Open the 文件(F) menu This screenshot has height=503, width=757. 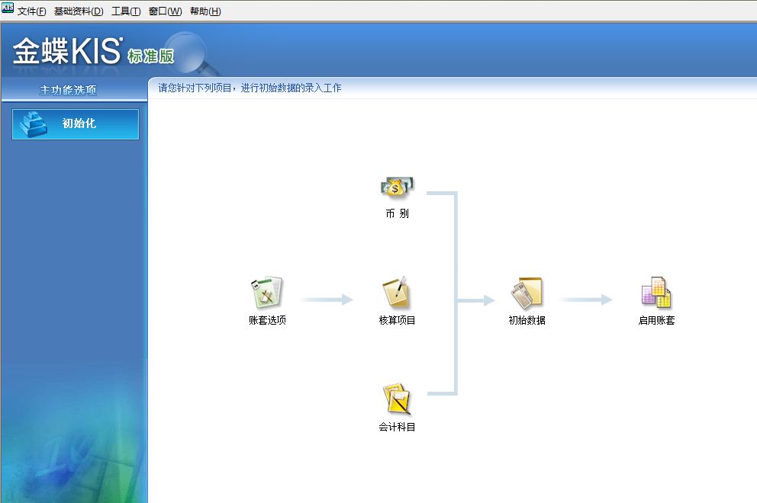point(31,11)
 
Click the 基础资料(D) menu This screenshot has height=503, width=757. point(79,11)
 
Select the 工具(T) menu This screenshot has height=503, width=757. point(126,11)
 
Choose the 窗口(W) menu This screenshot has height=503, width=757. point(165,11)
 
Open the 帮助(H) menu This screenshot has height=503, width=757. point(205,11)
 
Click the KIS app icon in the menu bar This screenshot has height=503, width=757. point(8,8)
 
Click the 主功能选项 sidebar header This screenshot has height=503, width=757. point(69,90)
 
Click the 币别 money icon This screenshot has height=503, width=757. point(397,186)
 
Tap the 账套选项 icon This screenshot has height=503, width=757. point(267,293)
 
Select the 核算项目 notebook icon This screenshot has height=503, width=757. point(397,293)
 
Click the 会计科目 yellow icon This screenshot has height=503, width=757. point(397,399)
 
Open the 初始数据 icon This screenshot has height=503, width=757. point(527,293)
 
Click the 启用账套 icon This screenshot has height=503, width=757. point(656,293)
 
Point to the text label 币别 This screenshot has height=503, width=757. point(397,214)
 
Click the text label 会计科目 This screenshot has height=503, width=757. point(397,428)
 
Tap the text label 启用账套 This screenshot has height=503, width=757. point(656,321)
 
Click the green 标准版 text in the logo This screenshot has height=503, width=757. point(151,56)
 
